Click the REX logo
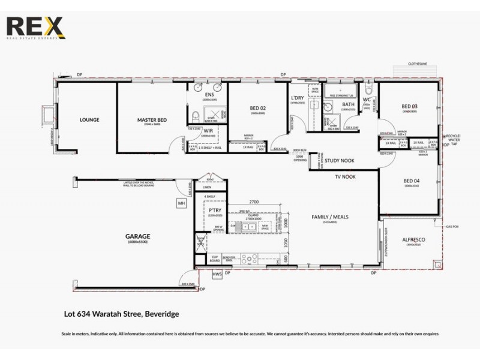point(34,28)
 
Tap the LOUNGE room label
point(89,120)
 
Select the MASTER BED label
point(152,120)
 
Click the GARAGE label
point(137,236)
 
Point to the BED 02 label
point(258,109)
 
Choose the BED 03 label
point(410,107)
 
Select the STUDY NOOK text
point(338,161)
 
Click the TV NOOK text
point(346,178)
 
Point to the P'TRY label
point(214,210)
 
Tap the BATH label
point(349,104)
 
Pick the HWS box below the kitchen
point(217,274)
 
